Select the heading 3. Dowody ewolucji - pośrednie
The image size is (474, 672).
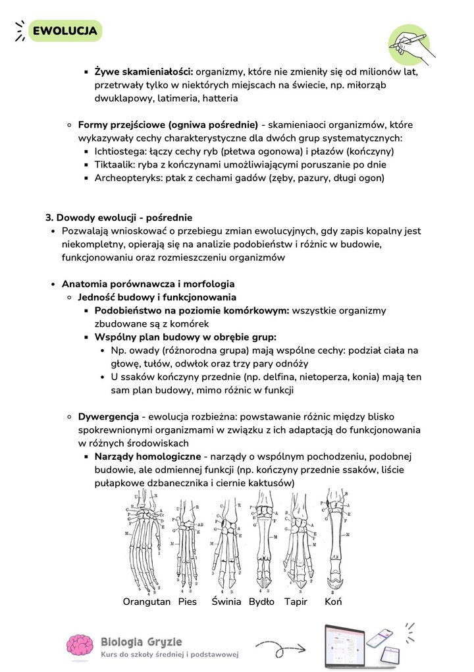(118, 217)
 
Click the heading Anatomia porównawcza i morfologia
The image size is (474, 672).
(147, 284)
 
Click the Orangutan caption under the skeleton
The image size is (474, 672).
(146, 602)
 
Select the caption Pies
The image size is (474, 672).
(187, 602)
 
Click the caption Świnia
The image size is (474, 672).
(226, 602)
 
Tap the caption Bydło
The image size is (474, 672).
(261, 602)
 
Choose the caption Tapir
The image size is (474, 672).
(296, 602)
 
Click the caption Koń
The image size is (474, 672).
(333, 602)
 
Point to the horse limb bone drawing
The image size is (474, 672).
(335, 540)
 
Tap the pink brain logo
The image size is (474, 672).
(81, 646)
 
